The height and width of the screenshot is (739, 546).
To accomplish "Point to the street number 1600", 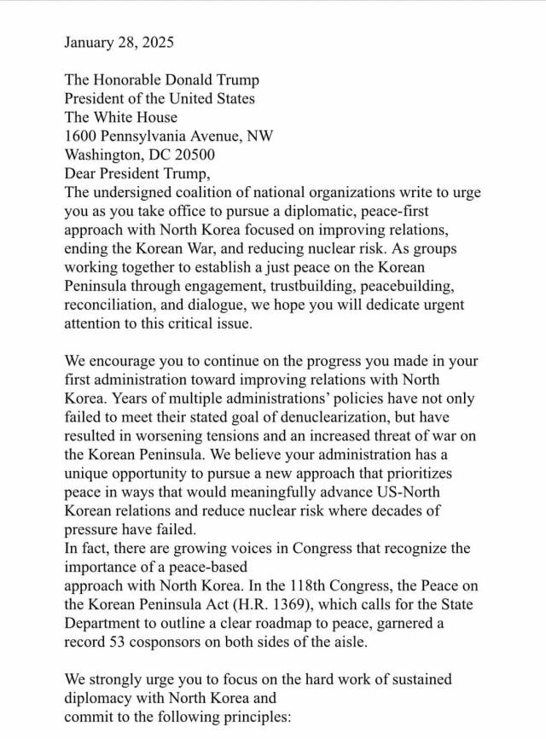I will point(82,137).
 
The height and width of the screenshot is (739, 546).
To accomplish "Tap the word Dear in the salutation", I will point(81,174).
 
